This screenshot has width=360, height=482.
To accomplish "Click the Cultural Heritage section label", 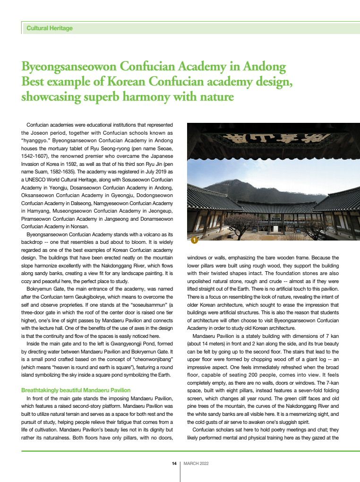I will (50, 28).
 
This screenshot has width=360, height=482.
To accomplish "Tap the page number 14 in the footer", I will (174, 463).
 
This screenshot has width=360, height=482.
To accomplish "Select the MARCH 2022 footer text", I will (196, 463).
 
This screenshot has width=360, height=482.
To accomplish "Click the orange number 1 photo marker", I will (193, 241).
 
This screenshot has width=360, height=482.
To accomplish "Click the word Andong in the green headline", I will (265, 65).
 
